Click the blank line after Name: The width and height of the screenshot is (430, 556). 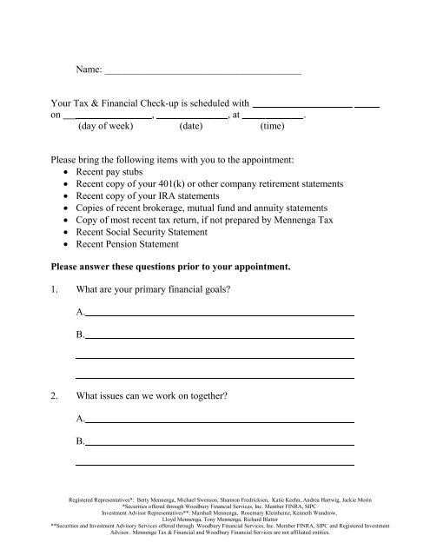coord(202,69)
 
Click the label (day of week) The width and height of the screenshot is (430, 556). coord(105,126)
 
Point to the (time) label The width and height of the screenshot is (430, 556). coord(275,126)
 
